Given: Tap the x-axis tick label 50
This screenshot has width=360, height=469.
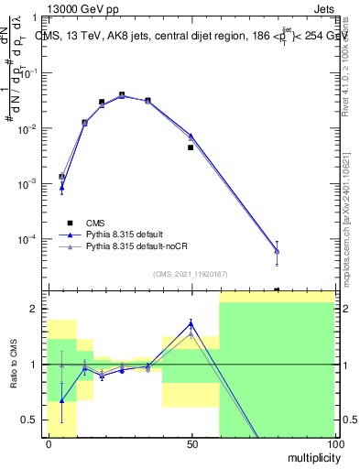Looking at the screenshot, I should (x=191, y=444).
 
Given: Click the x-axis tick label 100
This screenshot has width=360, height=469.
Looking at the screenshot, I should (x=334, y=444).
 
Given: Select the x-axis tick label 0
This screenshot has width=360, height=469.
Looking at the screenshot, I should (x=49, y=444).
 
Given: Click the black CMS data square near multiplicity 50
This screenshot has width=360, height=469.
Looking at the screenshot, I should (x=191, y=147).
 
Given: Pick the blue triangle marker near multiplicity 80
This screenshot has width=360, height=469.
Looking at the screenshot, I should (x=277, y=251).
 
